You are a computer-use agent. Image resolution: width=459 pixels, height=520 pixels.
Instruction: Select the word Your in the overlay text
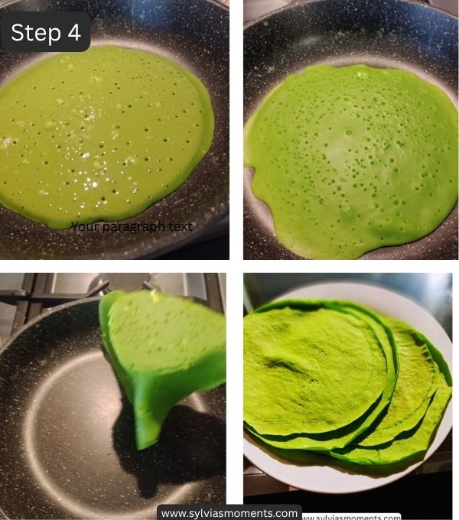coord(83,226)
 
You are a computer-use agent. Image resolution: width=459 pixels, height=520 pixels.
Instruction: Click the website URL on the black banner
coord(229,513)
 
